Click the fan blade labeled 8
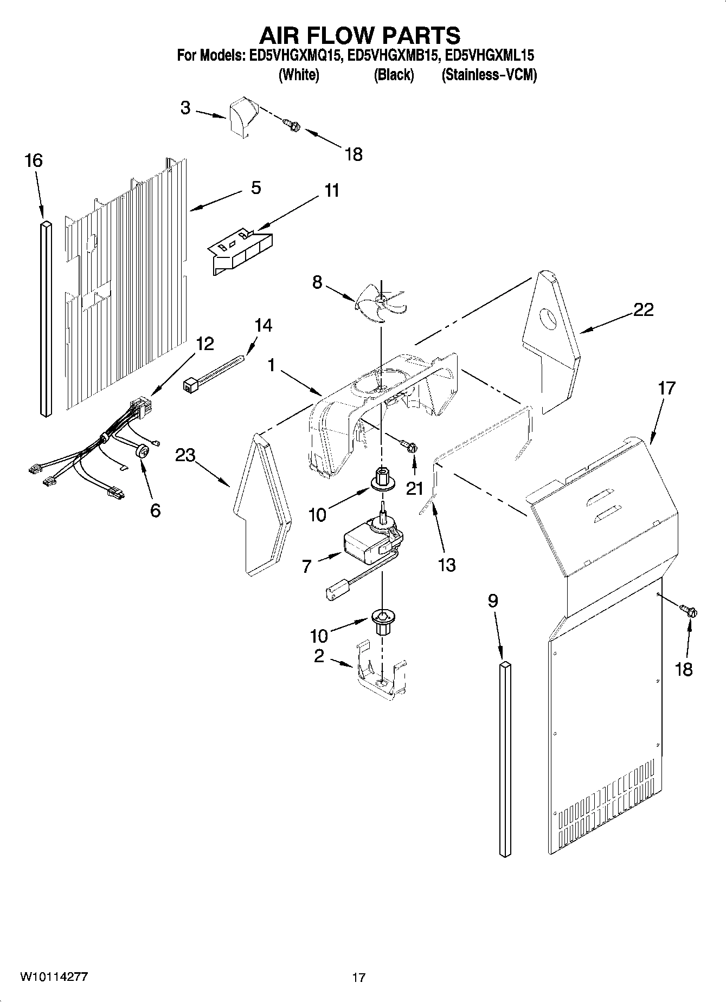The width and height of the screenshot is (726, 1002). [381, 301]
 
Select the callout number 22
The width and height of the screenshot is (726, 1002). [643, 310]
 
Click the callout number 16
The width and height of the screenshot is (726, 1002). [34, 160]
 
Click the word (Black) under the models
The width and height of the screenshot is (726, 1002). [394, 75]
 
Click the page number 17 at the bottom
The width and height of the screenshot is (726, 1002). [358, 978]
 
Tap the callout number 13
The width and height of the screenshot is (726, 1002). [447, 565]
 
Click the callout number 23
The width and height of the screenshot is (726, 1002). [185, 455]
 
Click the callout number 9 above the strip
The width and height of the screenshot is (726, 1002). [492, 601]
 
